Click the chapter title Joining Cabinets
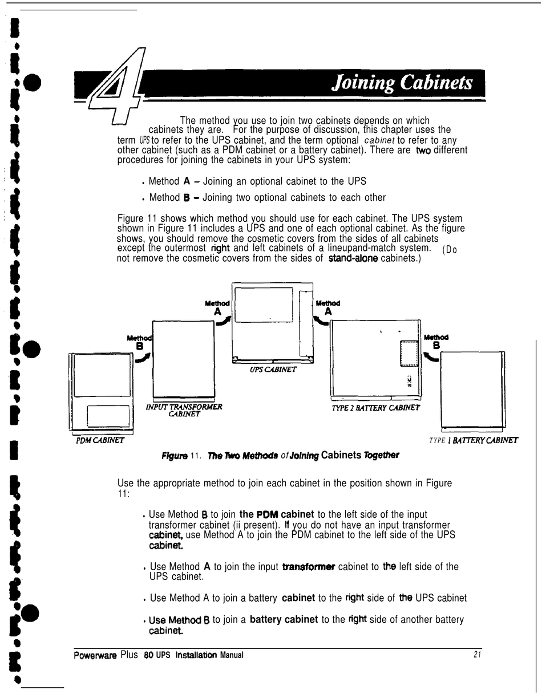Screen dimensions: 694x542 click(403, 83)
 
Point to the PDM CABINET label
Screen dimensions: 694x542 click(100, 440)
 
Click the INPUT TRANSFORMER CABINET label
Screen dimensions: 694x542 click(184, 411)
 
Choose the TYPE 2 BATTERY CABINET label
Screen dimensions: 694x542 click(375, 408)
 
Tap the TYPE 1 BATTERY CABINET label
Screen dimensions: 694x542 click(473, 440)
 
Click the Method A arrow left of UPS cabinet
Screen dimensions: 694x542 click(224, 322)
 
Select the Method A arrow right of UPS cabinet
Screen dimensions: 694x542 click(321, 322)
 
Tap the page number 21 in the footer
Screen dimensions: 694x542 click(477, 655)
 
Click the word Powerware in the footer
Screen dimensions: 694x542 click(95, 655)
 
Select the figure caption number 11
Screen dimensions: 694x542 click(196, 456)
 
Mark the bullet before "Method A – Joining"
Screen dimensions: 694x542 click(142, 183)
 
